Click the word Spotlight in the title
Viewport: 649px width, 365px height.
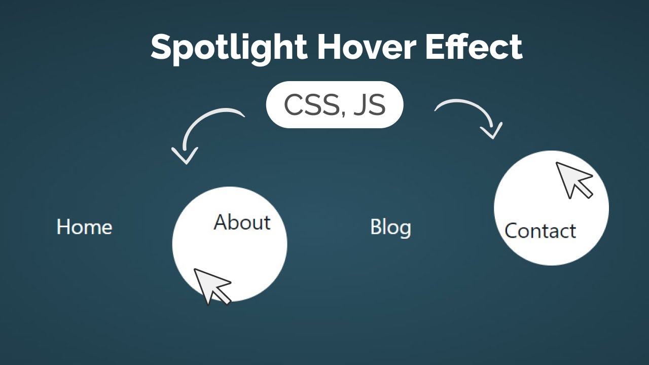229,47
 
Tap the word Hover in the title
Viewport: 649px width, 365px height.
367,47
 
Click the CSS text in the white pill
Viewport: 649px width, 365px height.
311,105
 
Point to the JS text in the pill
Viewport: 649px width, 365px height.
369,105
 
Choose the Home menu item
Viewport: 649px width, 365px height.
84,227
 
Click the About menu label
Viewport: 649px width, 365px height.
242,223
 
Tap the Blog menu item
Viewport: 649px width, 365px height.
390,227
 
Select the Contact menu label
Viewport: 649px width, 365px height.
540,231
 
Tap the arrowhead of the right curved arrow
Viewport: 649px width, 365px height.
491,131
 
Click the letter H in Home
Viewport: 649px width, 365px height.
63,227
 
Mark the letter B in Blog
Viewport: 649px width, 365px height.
376,227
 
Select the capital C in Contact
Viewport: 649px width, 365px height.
512,231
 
